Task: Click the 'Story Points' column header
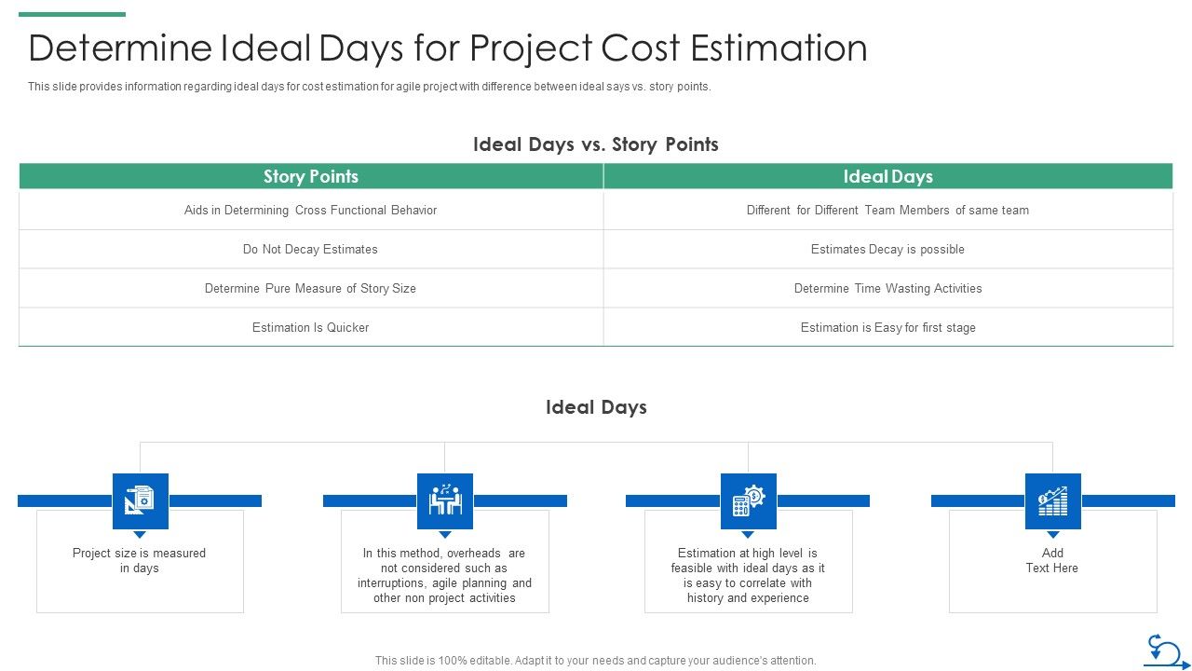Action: (x=310, y=176)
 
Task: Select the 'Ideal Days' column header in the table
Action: (x=887, y=176)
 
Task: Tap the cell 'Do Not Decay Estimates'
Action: (x=310, y=249)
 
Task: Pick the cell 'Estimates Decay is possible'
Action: (x=887, y=249)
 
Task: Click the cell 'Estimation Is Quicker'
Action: (x=310, y=327)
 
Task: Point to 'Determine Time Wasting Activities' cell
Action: (x=887, y=288)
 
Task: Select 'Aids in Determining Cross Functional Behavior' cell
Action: (x=310, y=210)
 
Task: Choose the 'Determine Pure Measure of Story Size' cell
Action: (x=310, y=288)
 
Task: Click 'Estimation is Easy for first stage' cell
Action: (x=887, y=327)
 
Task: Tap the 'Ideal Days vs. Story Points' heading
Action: (x=595, y=144)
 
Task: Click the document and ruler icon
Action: (x=140, y=500)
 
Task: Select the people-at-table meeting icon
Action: (x=444, y=500)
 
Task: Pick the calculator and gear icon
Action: (x=748, y=500)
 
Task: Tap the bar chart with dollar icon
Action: (x=1052, y=500)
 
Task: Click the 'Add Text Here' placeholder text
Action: (x=1052, y=560)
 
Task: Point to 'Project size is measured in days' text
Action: (x=140, y=560)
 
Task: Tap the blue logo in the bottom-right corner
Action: (x=1165, y=650)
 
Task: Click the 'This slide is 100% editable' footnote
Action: (x=595, y=660)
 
